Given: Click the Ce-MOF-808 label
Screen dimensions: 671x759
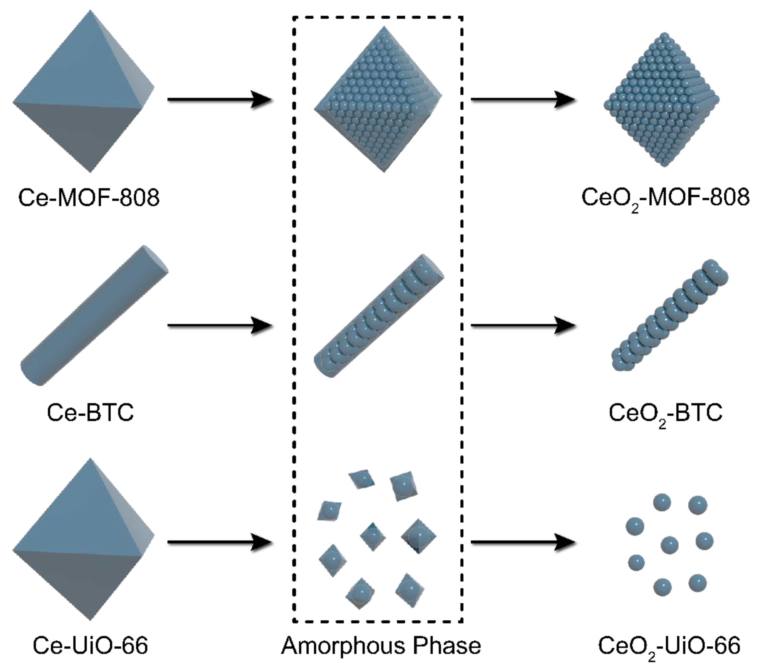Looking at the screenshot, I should (x=89, y=198).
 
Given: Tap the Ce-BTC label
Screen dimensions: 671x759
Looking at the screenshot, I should (x=90, y=412).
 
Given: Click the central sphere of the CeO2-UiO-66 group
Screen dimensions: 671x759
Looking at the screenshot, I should (x=669, y=545).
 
